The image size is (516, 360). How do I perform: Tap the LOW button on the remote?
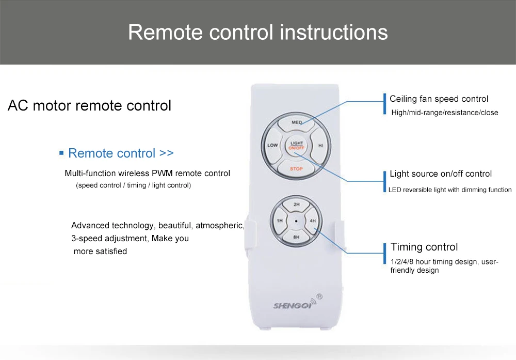coord(272,145)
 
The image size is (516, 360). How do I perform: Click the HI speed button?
coord(320,145)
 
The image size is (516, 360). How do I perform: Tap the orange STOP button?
coord(296,168)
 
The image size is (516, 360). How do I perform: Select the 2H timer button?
coord(296,205)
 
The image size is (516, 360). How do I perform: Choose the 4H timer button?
coord(313,221)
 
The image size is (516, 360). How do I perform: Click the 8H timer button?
coord(296,237)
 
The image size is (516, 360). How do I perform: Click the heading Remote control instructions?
coord(257,32)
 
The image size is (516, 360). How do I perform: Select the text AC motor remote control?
coord(89,106)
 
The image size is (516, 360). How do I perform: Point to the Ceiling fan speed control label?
coord(439,99)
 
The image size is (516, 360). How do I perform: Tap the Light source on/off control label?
coord(441,174)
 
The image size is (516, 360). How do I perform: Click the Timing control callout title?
coord(424,247)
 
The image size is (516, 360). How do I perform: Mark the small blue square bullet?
coord(61,153)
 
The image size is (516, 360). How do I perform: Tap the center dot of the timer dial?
coord(296,221)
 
